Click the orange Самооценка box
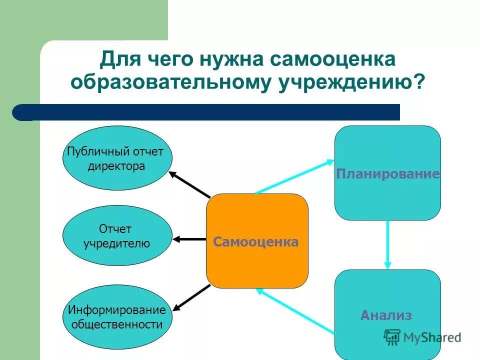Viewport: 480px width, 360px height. pos(257,240)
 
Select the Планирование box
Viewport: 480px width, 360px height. pos(387,172)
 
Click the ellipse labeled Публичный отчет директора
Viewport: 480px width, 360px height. pos(117,158)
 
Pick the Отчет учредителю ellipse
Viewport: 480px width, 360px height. pos(117,235)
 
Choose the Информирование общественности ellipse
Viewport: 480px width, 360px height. pos(117,317)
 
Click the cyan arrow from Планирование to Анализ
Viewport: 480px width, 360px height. pos(387,245)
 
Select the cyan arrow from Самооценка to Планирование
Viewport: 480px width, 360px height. pos(295,176)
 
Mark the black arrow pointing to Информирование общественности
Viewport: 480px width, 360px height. pos(192,296)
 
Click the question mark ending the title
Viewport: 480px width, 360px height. pos(418,81)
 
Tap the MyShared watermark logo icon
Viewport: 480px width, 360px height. pos(392,337)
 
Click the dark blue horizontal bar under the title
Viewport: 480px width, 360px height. pos(210,112)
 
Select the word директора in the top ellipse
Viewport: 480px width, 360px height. pos(116,166)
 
